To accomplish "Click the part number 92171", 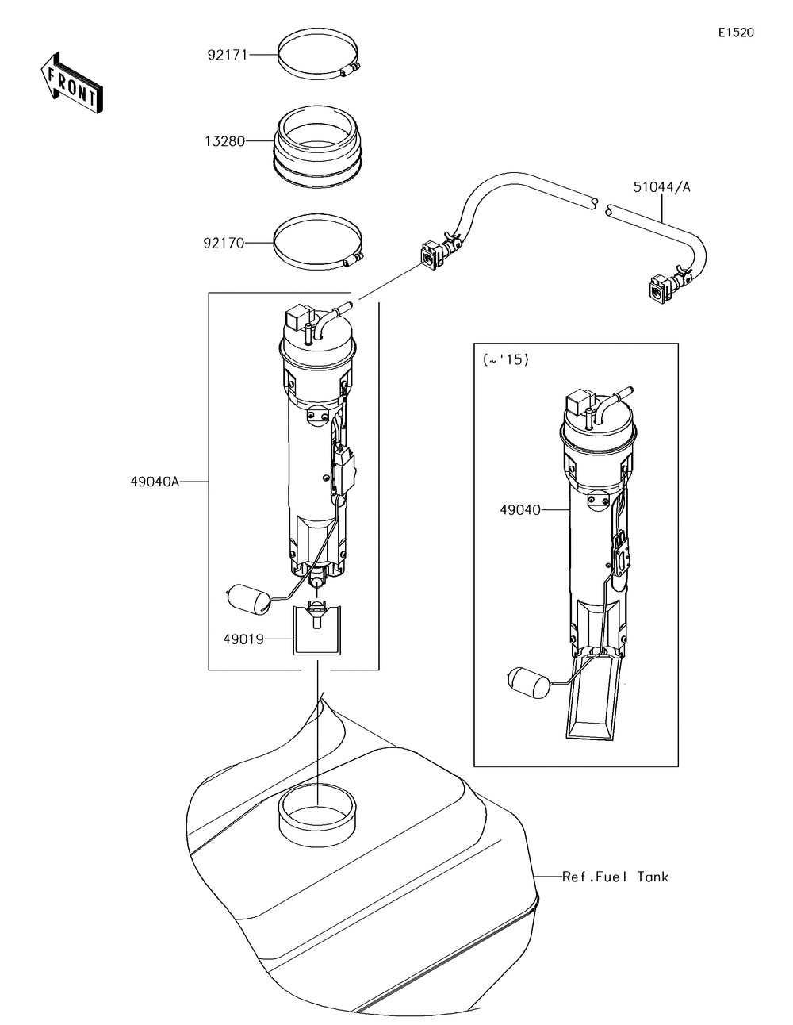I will click(x=228, y=55).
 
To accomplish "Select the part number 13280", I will click(x=225, y=141).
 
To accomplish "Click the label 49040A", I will click(x=155, y=481).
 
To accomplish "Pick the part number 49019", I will click(x=243, y=637).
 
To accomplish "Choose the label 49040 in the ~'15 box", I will click(x=520, y=509).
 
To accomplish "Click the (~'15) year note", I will click(x=505, y=359).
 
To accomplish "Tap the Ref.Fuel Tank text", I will click(x=615, y=877).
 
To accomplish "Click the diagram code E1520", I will click(x=735, y=33).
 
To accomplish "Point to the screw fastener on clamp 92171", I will click(x=348, y=72).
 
